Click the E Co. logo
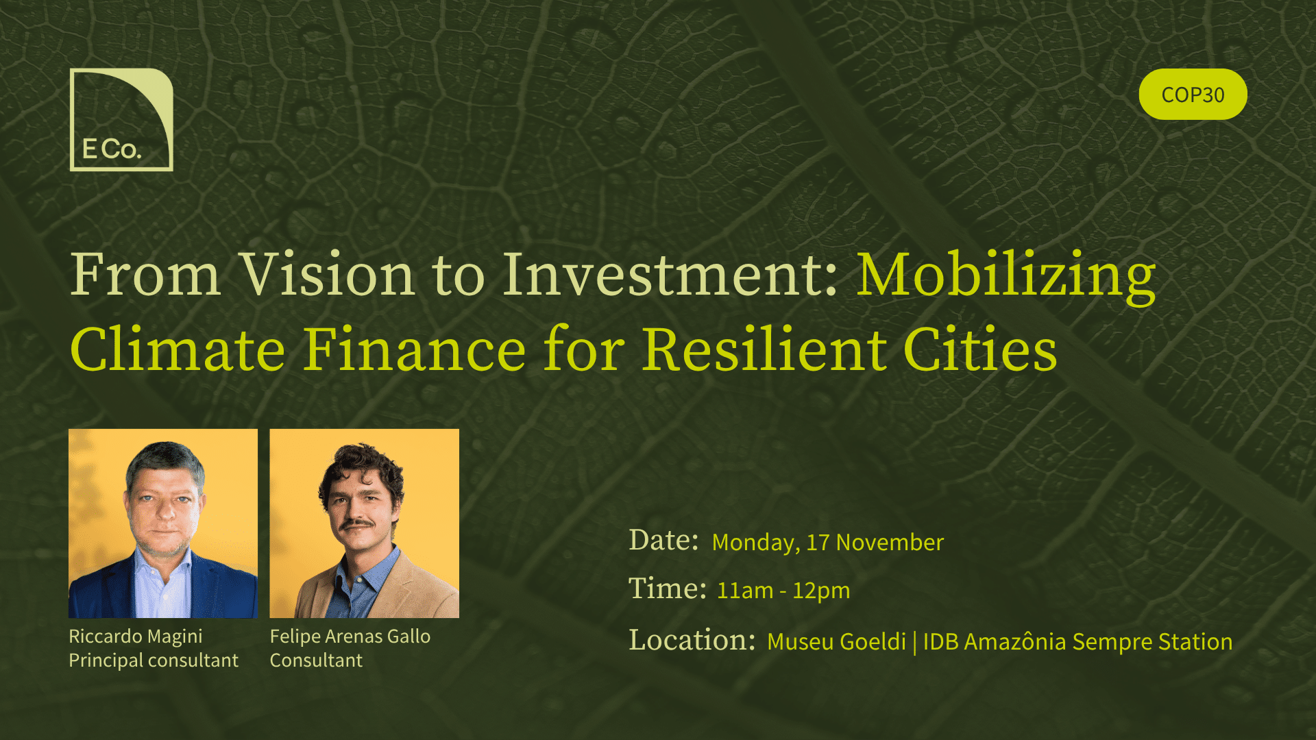coord(121,120)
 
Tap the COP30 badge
coord(1193,94)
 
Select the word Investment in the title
coord(670,274)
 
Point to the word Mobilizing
coord(1006,276)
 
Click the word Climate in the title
coord(178,349)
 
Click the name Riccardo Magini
coord(136,637)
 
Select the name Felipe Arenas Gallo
coord(350,637)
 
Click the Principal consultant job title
coord(154,661)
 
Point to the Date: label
coord(663,540)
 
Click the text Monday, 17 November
coord(828,542)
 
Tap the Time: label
coord(668,589)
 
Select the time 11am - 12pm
coord(783,590)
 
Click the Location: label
coord(692,640)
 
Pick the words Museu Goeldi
coord(837,641)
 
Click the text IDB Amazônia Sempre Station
coord(1078,641)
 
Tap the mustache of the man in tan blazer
coord(357,524)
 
